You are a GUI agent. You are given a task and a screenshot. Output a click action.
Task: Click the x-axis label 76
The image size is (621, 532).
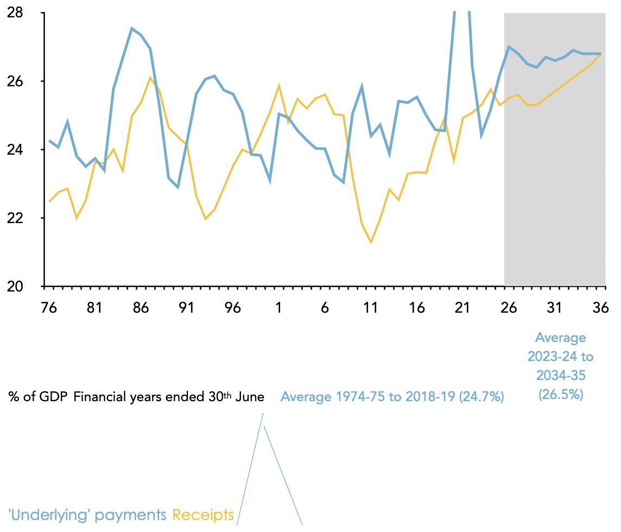(x=49, y=308)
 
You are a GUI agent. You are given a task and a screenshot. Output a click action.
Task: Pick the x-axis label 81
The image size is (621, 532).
(x=94, y=308)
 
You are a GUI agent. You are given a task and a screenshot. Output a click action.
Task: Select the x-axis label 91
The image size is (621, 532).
(x=187, y=308)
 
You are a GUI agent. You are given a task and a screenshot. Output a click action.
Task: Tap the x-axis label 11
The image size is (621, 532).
(x=370, y=308)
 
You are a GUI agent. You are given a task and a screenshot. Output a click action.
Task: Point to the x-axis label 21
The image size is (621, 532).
(x=462, y=308)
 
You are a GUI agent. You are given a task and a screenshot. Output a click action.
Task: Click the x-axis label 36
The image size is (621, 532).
(x=600, y=308)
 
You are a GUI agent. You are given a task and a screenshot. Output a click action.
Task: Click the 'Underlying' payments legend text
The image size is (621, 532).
(x=87, y=515)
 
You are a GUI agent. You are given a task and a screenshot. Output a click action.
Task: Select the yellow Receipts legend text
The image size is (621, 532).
(x=203, y=515)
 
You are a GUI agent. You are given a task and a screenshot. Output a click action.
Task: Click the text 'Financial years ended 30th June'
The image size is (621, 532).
(x=168, y=397)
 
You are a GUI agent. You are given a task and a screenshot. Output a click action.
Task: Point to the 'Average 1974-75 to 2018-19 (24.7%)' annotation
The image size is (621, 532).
(x=392, y=397)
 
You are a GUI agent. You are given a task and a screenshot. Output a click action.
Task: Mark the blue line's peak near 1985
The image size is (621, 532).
(x=132, y=28)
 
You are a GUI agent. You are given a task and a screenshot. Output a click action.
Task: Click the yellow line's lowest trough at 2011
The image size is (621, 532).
(x=371, y=242)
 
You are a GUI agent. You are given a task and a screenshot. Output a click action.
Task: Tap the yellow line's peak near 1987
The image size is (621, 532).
(x=150, y=77)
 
